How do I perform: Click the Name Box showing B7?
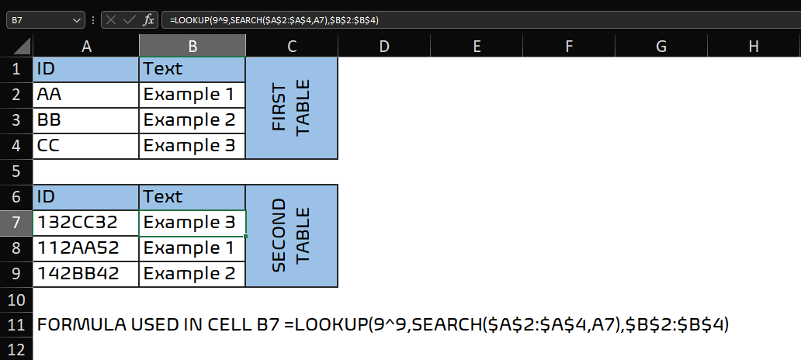tap(45, 20)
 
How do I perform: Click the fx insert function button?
tap(149, 20)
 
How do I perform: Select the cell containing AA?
tap(86, 95)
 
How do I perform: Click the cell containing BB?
tap(86, 120)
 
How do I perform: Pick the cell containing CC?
tap(86, 146)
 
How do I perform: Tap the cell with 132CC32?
tap(86, 223)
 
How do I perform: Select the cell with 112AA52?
tap(86, 248)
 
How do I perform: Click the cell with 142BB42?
tap(86, 274)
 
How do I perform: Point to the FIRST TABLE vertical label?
tap(292, 108)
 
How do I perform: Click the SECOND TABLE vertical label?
tap(292, 235)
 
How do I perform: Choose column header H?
tap(753, 47)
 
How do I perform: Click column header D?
tap(384, 47)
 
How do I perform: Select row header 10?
tap(16, 299)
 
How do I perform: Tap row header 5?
tap(16, 171)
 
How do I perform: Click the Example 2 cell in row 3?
tap(192, 120)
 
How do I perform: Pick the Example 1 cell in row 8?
tap(192, 248)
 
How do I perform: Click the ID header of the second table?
tap(86, 197)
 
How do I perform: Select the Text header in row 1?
tap(192, 70)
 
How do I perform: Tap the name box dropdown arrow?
tap(77, 20)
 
